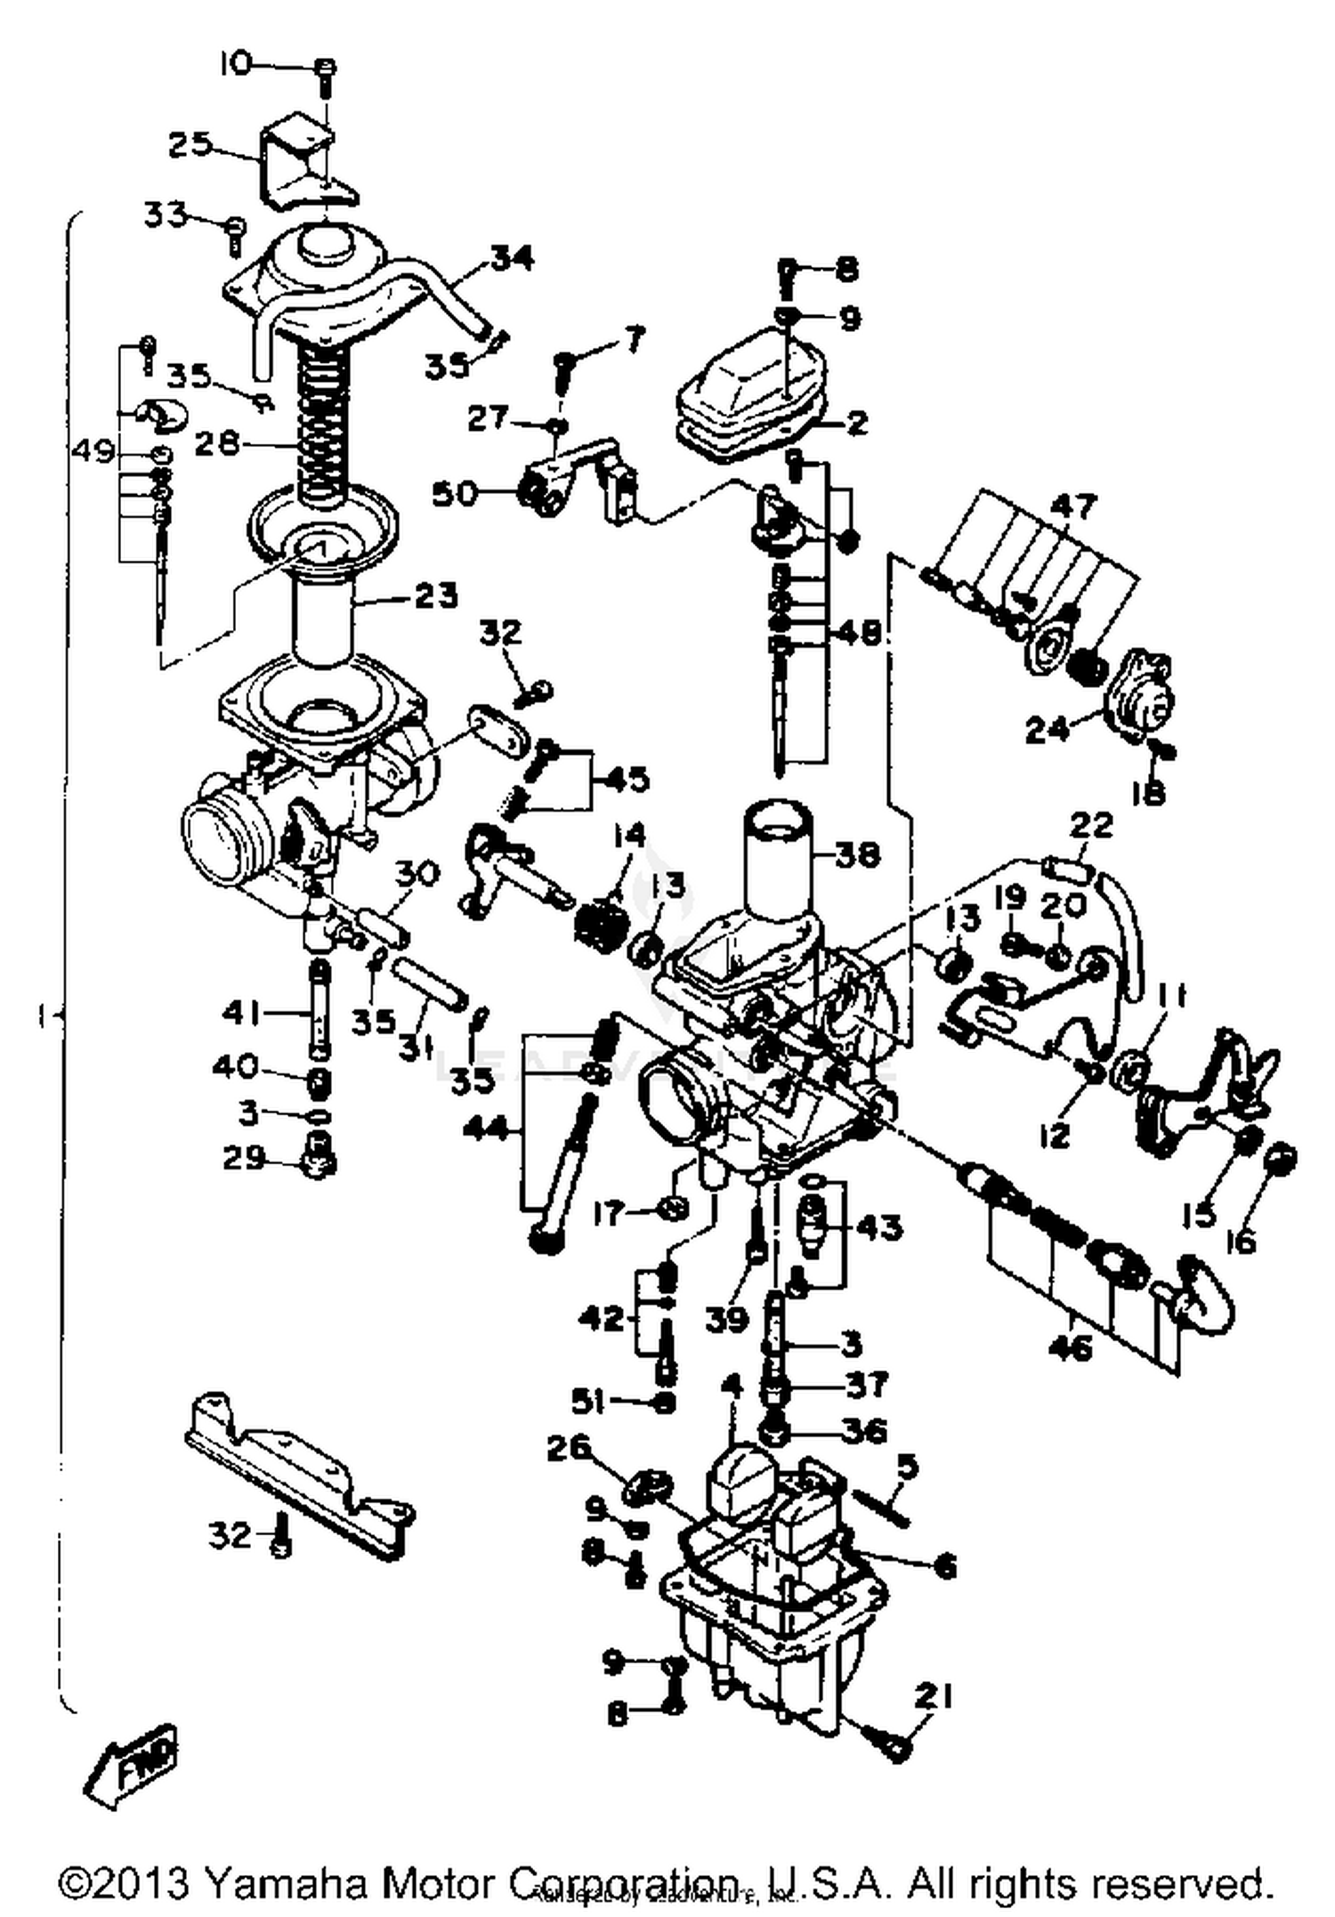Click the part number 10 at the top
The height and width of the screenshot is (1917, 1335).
click(x=237, y=64)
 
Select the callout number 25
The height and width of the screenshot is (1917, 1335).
click(x=190, y=144)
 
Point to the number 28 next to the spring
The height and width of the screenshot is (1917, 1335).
click(x=218, y=443)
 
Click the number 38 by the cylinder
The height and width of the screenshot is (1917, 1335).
click(x=858, y=855)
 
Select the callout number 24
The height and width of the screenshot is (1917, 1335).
click(x=1048, y=730)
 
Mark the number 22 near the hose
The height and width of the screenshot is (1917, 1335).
click(x=1091, y=825)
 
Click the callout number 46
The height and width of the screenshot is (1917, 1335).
click(x=1071, y=1348)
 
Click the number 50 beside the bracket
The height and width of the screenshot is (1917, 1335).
click(x=455, y=493)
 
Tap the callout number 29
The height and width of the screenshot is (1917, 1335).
click(x=243, y=1158)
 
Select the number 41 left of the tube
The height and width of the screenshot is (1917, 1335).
click(x=243, y=1012)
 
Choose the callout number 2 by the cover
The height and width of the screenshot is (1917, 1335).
click(x=857, y=422)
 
